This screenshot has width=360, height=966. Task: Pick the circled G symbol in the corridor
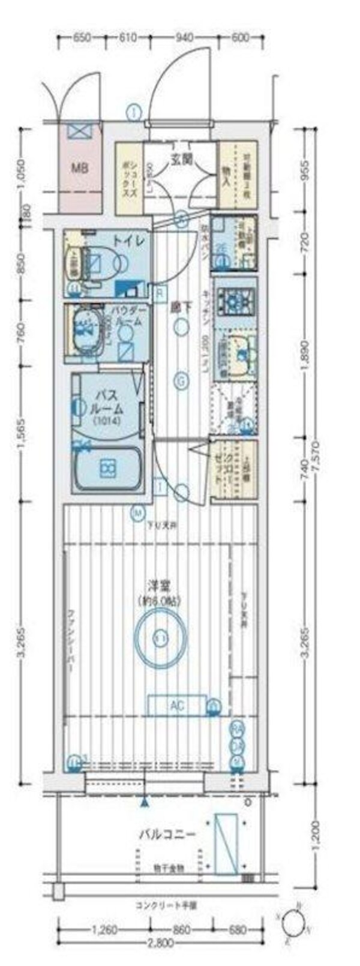pyautogui.click(x=180, y=380)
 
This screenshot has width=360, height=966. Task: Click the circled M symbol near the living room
pyautogui.click(x=139, y=512)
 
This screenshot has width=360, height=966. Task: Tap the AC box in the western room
pyautogui.click(x=177, y=706)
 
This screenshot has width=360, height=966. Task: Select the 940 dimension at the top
pyautogui.click(x=184, y=38)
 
